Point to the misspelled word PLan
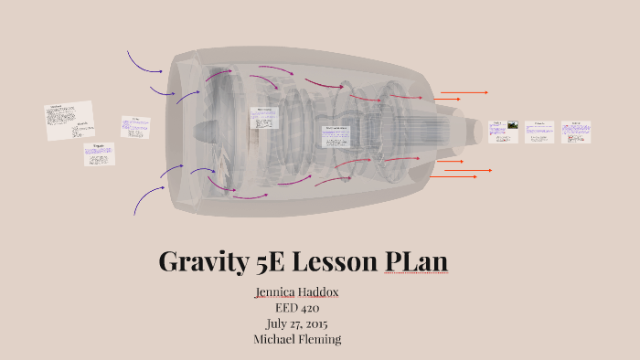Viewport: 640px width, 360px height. tap(415, 262)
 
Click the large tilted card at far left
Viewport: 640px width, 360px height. tap(69, 121)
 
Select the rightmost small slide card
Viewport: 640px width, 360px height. tap(576, 132)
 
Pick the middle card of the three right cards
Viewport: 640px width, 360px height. tap(540, 132)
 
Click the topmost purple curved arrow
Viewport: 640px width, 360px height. tap(144, 61)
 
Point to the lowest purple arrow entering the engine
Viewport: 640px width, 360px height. tap(146, 199)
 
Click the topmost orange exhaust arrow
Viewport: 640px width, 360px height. tap(464, 92)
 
